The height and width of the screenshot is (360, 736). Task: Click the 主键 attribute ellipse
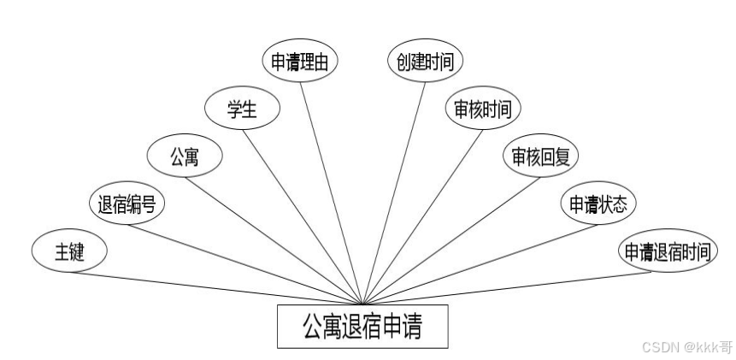(69, 251)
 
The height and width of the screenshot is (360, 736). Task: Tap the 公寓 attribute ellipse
(185, 156)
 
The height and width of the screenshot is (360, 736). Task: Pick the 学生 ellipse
(243, 109)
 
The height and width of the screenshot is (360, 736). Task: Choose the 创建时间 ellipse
(425, 62)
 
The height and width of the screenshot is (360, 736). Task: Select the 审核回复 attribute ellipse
(540, 156)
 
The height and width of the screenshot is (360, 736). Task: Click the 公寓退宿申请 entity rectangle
(362, 326)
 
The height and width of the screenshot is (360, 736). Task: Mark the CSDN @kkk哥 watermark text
(686, 347)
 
